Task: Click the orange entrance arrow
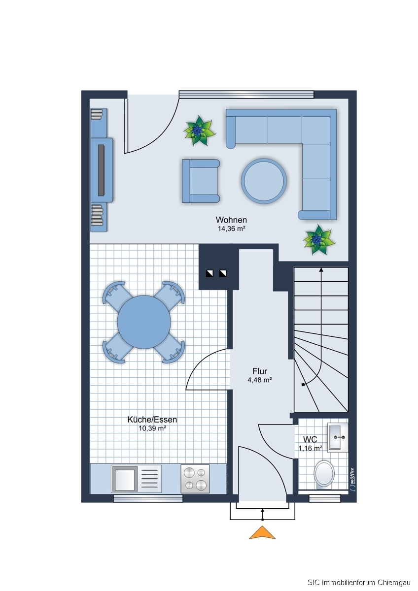(262, 532)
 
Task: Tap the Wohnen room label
(231, 220)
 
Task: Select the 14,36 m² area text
(232, 229)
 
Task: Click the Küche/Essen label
(152, 420)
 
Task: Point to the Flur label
(260, 371)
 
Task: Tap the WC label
(310, 439)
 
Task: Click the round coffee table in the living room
(264, 181)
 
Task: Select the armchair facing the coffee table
(201, 181)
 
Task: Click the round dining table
(144, 322)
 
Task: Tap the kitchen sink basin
(124, 479)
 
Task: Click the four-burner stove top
(195, 479)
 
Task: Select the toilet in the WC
(324, 474)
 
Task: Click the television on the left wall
(101, 170)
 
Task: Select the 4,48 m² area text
(260, 380)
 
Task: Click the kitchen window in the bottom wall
(148, 498)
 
